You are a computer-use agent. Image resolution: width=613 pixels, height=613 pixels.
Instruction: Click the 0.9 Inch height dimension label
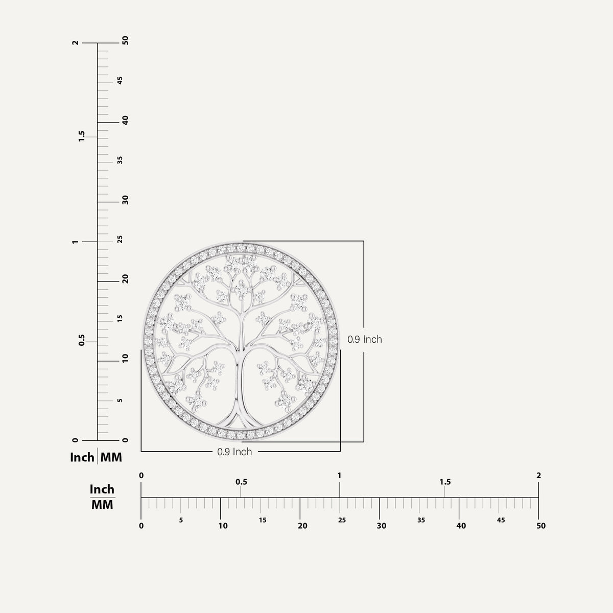pyautogui.click(x=365, y=339)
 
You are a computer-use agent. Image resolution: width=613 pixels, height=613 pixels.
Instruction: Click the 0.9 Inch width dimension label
pyautogui.click(x=234, y=452)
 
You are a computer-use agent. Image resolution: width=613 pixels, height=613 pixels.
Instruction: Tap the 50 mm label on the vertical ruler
pyautogui.click(x=125, y=40)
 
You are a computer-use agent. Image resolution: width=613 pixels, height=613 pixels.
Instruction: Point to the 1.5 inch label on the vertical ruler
pyautogui.click(x=82, y=136)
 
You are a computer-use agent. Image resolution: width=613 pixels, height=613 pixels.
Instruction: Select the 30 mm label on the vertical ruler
pyautogui.click(x=125, y=200)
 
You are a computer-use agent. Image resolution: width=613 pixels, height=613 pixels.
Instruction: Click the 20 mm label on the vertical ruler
pyautogui.click(x=125, y=279)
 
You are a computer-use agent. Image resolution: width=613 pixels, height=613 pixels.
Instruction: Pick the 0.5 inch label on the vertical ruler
pyautogui.click(x=82, y=340)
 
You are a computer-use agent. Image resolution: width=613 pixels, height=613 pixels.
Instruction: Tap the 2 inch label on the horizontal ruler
pyautogui.click(x=538, y=475)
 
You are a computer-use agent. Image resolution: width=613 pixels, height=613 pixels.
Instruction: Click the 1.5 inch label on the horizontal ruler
pyautogui.click(x=445, y=482)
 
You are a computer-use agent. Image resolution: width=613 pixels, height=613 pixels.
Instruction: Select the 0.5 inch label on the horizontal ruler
pyautogui.click(x=241, y=482)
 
